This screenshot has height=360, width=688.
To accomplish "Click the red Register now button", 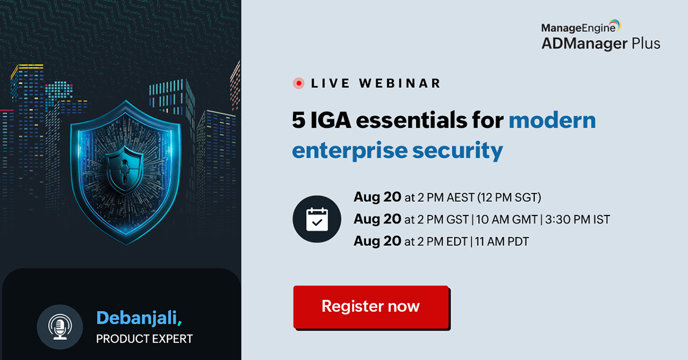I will coord(370,307).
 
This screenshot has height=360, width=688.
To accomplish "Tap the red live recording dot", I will coord(298,83).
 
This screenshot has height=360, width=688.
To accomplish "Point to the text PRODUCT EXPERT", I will coord(144,339).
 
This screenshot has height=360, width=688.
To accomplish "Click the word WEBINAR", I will coord(400,83).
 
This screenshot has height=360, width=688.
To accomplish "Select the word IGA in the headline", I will coord(333,121).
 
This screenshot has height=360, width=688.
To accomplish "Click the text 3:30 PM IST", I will coord(579,220).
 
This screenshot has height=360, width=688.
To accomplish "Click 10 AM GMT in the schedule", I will coord(506,220).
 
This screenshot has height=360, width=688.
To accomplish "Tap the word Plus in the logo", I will coord(644,44).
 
